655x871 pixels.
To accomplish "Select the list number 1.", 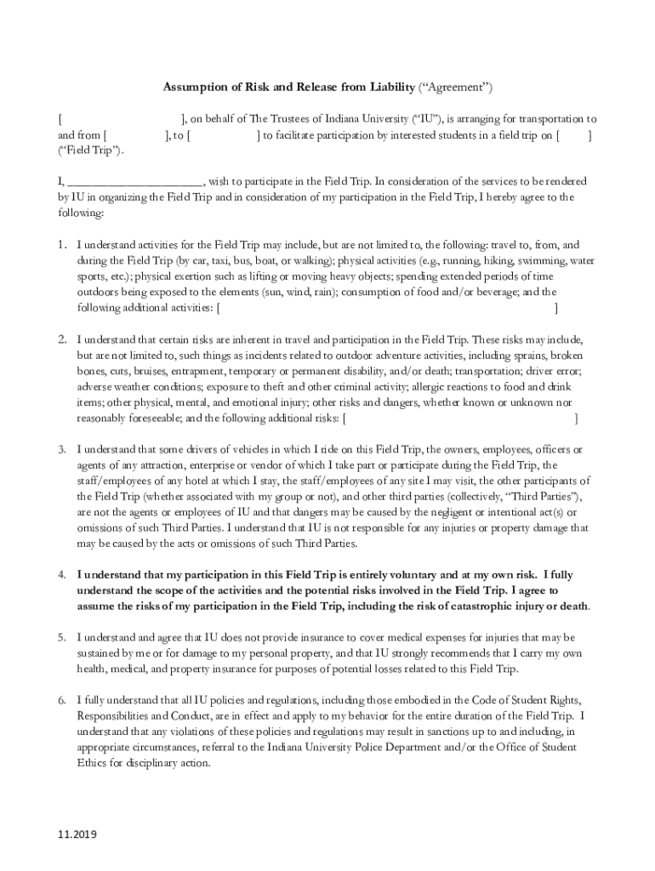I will [x=62, y=244].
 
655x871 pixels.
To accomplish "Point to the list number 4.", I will [x=62, y=574].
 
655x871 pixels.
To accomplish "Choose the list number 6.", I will [x=62, y=700].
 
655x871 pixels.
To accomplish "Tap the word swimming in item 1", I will [x=542, y=260].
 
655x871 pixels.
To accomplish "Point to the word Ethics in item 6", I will [x=94, y=763].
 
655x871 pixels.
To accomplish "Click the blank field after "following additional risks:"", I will [x=460, y=418].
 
